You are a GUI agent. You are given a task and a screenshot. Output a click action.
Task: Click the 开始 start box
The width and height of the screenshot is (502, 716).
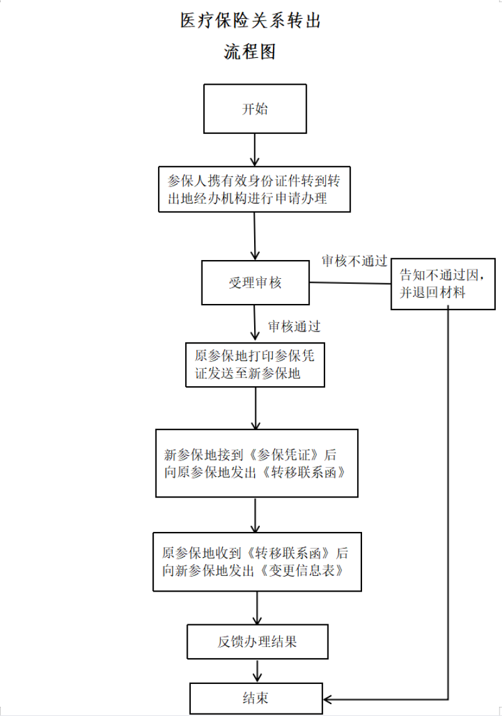255,109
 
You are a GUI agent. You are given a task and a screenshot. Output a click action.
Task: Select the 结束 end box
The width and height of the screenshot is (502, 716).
256,698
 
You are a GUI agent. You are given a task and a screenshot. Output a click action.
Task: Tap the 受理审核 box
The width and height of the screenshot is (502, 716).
255,283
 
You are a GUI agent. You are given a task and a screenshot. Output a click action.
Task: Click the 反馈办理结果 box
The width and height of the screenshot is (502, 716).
257,641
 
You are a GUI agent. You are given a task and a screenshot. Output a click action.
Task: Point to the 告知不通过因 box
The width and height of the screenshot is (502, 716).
442,283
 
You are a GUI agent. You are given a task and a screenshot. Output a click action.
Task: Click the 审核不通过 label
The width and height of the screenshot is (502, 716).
354,261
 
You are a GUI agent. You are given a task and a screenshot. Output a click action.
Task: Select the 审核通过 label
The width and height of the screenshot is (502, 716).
294,327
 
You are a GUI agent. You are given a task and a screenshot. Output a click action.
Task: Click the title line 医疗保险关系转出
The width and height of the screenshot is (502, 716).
250,21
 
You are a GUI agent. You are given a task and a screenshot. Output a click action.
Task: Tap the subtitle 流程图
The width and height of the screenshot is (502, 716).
250,52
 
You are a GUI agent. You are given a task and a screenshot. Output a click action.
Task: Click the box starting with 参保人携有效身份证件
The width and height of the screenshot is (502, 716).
254,189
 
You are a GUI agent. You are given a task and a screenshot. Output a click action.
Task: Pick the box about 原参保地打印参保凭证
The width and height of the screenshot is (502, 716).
255,365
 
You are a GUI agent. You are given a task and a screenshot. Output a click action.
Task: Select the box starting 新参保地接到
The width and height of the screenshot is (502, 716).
257,463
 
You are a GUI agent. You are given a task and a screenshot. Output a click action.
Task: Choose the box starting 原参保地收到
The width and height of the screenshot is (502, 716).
257,561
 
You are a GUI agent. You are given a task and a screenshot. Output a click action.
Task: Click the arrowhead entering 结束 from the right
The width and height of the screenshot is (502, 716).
328,699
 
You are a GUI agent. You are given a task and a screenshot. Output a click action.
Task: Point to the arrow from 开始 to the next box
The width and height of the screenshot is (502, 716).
255,149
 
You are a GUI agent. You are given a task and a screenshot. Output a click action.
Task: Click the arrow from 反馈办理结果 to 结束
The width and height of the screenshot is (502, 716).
257,671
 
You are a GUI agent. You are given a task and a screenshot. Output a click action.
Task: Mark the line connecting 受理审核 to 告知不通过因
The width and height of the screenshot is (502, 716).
350,283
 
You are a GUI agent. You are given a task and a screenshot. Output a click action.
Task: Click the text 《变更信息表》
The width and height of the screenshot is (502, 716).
302,570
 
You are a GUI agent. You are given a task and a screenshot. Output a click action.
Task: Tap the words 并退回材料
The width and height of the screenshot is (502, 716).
432,292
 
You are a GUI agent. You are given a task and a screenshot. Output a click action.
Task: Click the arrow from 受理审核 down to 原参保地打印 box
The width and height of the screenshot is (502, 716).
255,323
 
